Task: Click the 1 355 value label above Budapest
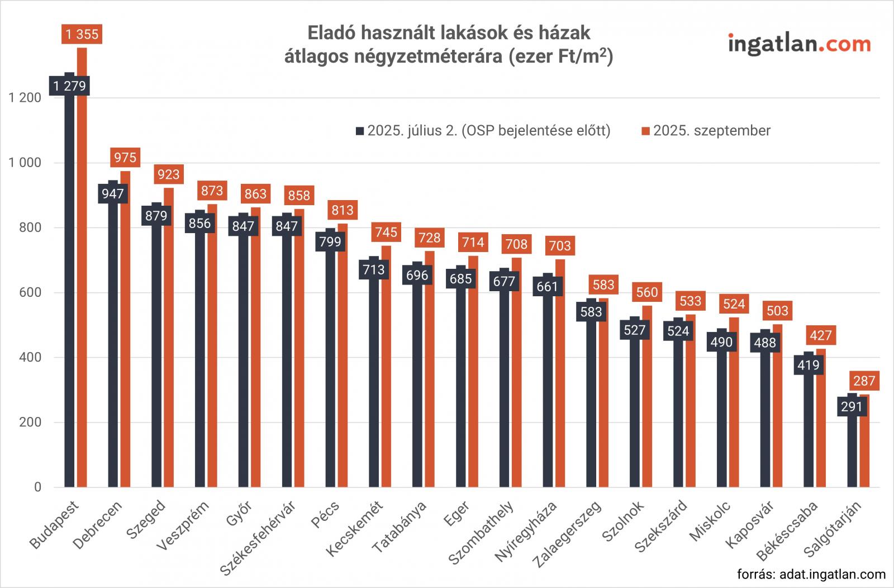(82, 35)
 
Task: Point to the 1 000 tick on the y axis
(25, 163)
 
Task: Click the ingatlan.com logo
(799, 44)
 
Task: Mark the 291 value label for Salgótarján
(852, 406)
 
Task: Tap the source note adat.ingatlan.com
(811, 574)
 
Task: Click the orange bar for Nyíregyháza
(560, 380)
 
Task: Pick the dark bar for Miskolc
(721, 419)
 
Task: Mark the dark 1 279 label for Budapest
(70, 86)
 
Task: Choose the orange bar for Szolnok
(648, 402)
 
